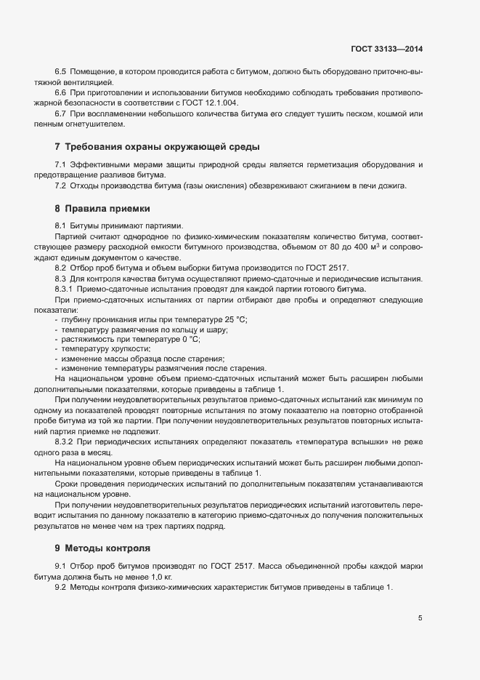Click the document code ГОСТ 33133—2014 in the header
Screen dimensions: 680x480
pos(386,49)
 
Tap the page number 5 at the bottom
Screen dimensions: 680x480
pos(420,618)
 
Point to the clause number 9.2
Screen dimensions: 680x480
pos(60,587)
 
